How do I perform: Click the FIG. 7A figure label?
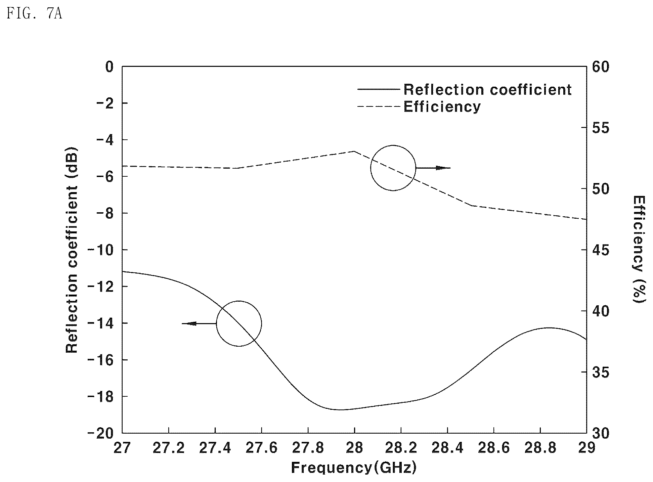coord(34,14)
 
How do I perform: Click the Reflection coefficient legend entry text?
coord(487,90)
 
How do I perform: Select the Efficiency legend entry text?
coord(442,106)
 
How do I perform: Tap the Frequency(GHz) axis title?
coord(354,468)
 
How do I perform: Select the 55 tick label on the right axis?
coord(601,128)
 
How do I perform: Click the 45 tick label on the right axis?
coord(601,250)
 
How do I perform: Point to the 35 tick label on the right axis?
coord(601,373)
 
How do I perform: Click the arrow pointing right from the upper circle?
coord(433,168)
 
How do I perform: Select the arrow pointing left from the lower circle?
coord(199,323)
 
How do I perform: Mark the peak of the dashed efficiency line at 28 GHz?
coord(354,151)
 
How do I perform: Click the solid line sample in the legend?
coord(379,89)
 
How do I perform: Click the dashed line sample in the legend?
coord(379,106)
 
